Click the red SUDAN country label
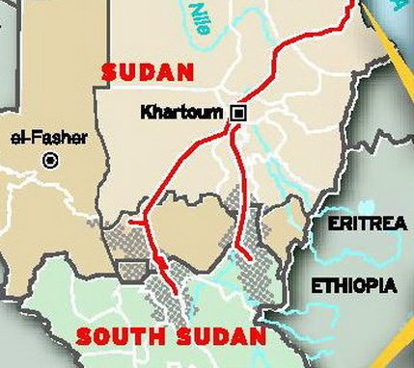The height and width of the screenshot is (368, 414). pos(148,72)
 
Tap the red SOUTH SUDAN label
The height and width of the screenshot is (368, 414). pos(170,337)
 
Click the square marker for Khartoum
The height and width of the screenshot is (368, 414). pos(237,114)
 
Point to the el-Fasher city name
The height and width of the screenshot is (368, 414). pos(48,138)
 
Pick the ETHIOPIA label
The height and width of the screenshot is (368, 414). pos(353,286)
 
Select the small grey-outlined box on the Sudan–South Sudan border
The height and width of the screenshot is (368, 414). pos(131,270)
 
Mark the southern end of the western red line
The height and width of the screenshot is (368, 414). pos(174,291)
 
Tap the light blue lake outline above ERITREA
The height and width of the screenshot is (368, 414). pos(366,206)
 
